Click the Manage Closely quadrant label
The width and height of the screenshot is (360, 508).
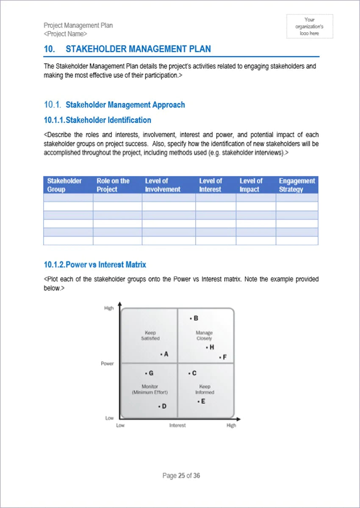pyautogui.click(x=204, y=336)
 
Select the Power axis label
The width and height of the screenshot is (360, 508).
pyautogui.click(x=107, y=364)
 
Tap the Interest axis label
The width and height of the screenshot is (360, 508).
pyautogui.click(x=177, y=425)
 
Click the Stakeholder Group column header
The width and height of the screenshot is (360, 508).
pyautogui.click(x=64, y=185)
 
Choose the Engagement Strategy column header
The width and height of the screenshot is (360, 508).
pyautogui.click(x=297, y=185)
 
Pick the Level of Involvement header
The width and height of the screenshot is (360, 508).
pyautogui.click(x=163, y=185)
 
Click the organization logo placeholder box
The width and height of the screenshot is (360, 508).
pyautogui.click(x=310, y=26)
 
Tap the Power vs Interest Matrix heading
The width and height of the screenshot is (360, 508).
pyautogui.click(x=95, y=265)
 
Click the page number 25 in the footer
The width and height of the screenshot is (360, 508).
pyautogui.click(x=181, y=476)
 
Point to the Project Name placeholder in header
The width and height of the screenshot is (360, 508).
pyautogui.click(x=66, y=34)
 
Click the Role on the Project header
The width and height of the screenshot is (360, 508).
pyautogui.click(x=113, y=185)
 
